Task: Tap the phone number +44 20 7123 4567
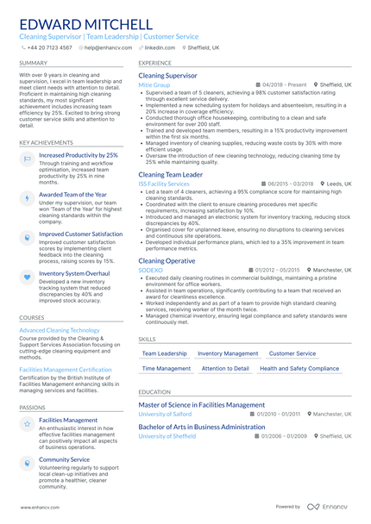tap(49, 48)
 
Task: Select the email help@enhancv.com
tap(103, 48)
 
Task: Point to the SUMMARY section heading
tap(34, 63)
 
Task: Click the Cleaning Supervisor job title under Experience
tap(167, 76)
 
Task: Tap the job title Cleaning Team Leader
tap(171, 175)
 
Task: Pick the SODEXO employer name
tap(150, 270)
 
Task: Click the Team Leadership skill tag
tap(164, 353)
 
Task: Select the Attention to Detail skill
tap(224, 368)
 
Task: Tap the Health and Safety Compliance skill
tap(299, 368)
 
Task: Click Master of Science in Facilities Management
tap(202, 404)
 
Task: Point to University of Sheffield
tap(166, 436)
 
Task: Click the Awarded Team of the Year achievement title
tap(73, 195)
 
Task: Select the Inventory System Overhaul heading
tap(74, 273)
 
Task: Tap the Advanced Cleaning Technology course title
tap(60, 330)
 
